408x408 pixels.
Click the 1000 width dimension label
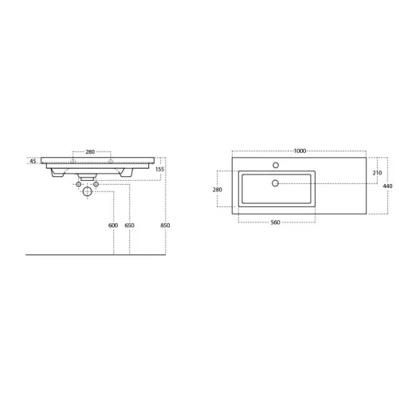300,151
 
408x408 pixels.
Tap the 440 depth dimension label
387,186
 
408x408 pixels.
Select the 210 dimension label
377,173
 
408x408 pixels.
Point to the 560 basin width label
276,222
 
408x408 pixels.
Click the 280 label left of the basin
218,190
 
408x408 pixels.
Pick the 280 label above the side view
90,152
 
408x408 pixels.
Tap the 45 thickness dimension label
33,161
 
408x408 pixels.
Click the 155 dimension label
159,169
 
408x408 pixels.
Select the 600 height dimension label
113,226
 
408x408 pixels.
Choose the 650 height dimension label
129,226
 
